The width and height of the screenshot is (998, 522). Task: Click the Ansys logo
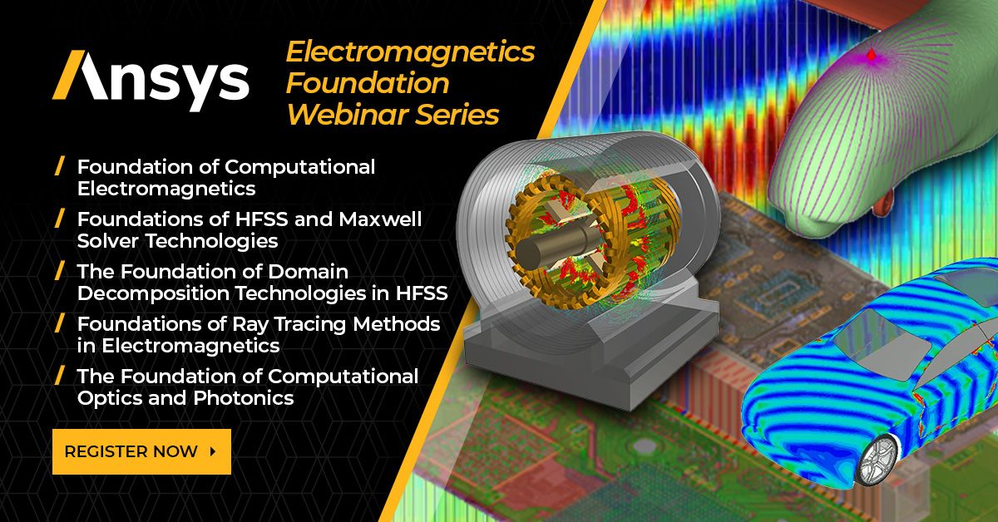(x=150, y=81)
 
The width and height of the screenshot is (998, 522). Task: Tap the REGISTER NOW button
(x=141, y=451)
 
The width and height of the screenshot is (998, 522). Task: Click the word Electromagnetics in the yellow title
(x=410, y=52)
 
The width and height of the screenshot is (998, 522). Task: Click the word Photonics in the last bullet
(x=244, y=398)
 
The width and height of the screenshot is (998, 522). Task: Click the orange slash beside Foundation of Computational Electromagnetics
(x=59, y=166)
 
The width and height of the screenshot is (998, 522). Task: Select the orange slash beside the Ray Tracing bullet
(x=59, y=323)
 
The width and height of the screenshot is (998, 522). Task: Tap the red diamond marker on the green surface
(x=871, y=56)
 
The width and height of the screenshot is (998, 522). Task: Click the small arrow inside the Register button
(x=213, y=451)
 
